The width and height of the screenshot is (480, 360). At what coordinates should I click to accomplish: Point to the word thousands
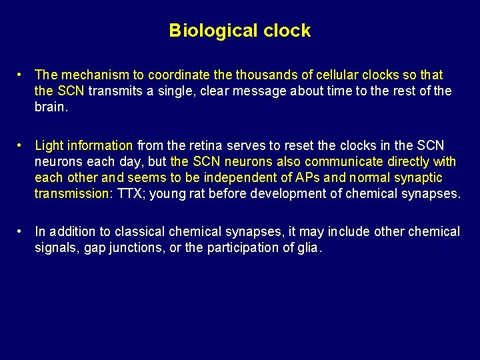pos(271,75)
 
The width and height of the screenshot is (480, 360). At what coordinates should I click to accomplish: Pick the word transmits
pos(121,91)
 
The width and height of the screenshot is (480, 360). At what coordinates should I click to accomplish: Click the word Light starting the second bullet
pos(49,145)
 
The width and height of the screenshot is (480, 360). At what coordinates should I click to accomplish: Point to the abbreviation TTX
pos(129,193)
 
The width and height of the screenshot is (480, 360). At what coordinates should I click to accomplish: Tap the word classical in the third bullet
pos(140,232)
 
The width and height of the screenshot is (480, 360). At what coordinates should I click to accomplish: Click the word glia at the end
pos(309,248)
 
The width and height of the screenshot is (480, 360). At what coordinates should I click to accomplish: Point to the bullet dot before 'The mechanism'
pos(21,75)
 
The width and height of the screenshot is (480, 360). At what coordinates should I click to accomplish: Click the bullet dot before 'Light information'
pos(21,145)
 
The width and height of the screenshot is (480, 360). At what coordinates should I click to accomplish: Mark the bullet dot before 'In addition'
pos(21,232)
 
